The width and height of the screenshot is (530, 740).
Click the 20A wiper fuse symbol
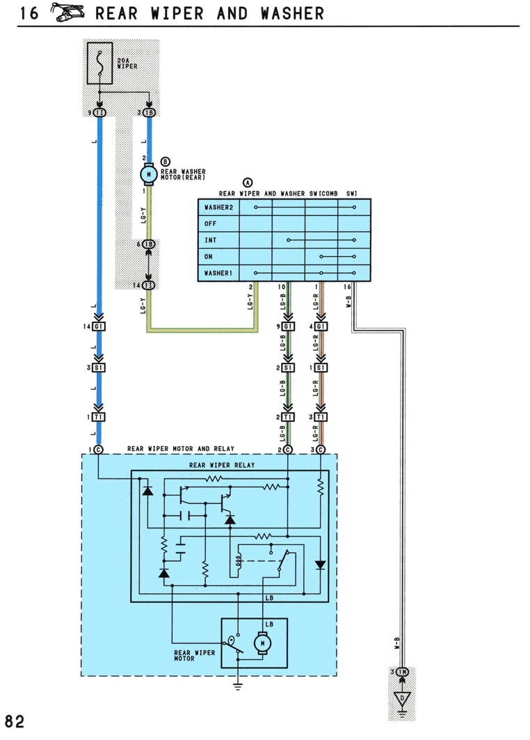pyautogui.click(x=99, y=63)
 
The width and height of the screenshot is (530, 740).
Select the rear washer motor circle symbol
pyautogui.click(x=149, y=175)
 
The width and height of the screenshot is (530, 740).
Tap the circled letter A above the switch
pyautogui.click(x=248, y=182)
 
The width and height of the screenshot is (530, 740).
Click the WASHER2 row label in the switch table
pyautogui.click(x=218, y=207)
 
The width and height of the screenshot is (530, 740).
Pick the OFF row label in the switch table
pyautogui.click(x=210, y=223)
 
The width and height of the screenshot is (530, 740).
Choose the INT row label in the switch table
pyautogui.click(x=210, y=240)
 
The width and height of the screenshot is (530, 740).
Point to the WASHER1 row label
pyautogui.click(x=218, y=274)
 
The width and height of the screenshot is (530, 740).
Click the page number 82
pyautogui.click(x=15, y=722)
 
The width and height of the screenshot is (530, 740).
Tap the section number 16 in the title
pyautogui.click(x=29, y=13)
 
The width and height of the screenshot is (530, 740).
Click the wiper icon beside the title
pyautogui.click(x=67, y=13)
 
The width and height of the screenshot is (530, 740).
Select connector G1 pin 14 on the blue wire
pyautogui.click(x=99, y=326)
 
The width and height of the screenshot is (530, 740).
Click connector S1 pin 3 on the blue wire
pyautogui.click(x=99, y=368)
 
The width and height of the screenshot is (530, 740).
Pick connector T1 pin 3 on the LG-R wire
pyautogui.click(x=321, y=417)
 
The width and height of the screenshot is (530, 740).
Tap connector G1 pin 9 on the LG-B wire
pyautogui.click(x=288, y=326)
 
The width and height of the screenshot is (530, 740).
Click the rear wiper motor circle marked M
pyautogui.click(x=262, y=643)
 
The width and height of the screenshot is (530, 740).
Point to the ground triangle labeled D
pyautogui.click(x=402, y=698)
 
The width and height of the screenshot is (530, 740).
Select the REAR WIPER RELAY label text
pyautogui.click(x=222, y=465)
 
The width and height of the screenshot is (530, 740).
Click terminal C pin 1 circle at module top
pyautogui.click(x=99, y=450)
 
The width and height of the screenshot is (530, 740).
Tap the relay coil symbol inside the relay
pyautogui.click(x=238, y=560)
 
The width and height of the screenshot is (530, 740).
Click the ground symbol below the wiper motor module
pyautogui.click(x=238, y=686)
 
